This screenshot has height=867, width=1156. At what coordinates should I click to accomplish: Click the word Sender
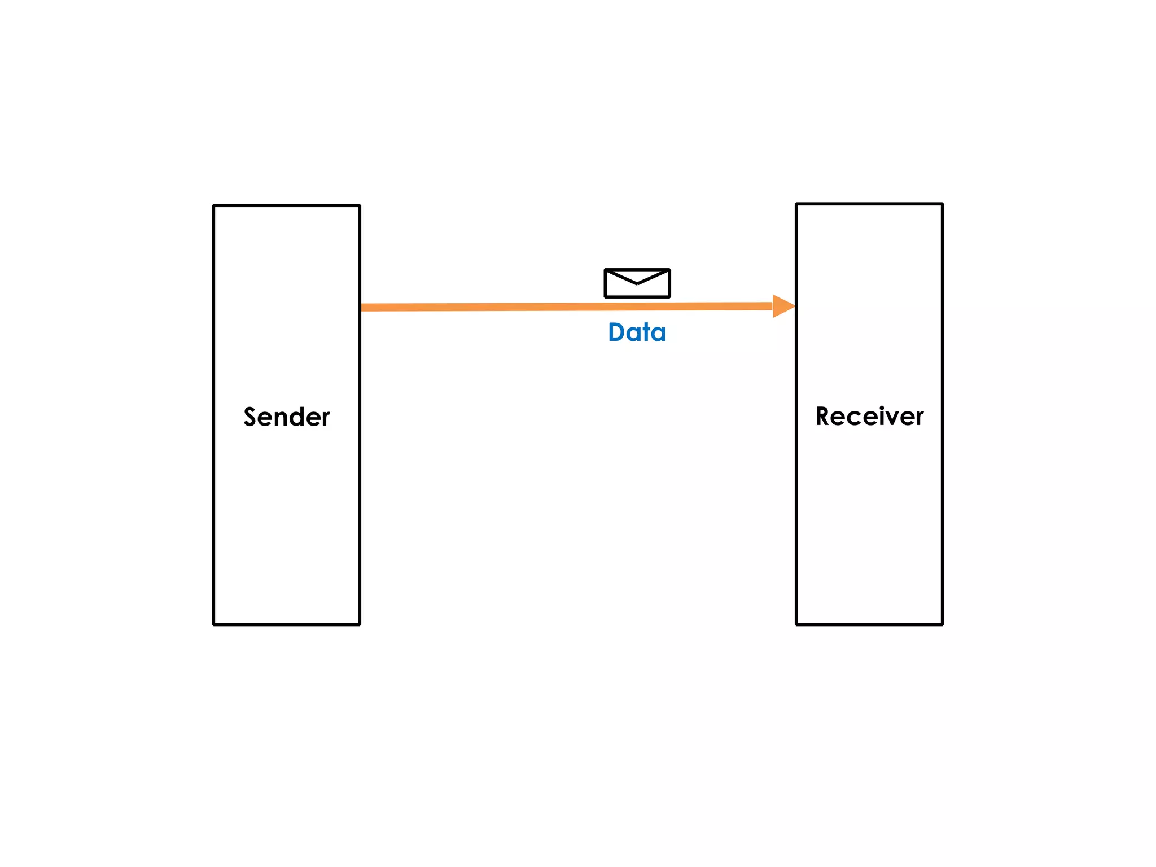(x=286, y=417)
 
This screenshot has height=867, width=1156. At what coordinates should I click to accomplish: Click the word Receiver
(x=869, y=417)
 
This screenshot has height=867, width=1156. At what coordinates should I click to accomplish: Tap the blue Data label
(x=637, y=332)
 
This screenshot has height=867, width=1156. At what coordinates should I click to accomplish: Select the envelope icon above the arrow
(x=637, y=283)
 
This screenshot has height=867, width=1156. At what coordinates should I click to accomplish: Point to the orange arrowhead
(x=783, y=306)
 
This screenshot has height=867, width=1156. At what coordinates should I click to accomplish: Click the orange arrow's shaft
(x=564, y=307)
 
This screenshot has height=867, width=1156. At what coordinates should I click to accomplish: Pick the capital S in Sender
(x=251, y=417)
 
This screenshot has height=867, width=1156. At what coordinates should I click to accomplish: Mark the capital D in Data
(x=617, y=332)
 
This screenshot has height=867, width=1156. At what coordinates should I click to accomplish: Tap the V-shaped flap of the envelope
(x=637, y=278)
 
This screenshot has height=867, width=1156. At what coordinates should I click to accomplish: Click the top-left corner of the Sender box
(x=214, y=206)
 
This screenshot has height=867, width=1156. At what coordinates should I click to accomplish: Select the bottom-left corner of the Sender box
(x=214, y=624)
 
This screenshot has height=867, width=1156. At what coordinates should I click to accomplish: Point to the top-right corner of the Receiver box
(x=942, y=204)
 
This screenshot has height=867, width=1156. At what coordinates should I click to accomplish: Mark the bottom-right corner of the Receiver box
(x=942, y=624)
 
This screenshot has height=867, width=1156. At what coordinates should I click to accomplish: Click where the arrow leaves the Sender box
(x=362, y=308)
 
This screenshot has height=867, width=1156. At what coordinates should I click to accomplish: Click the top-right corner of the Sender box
(x=360, y=206)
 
